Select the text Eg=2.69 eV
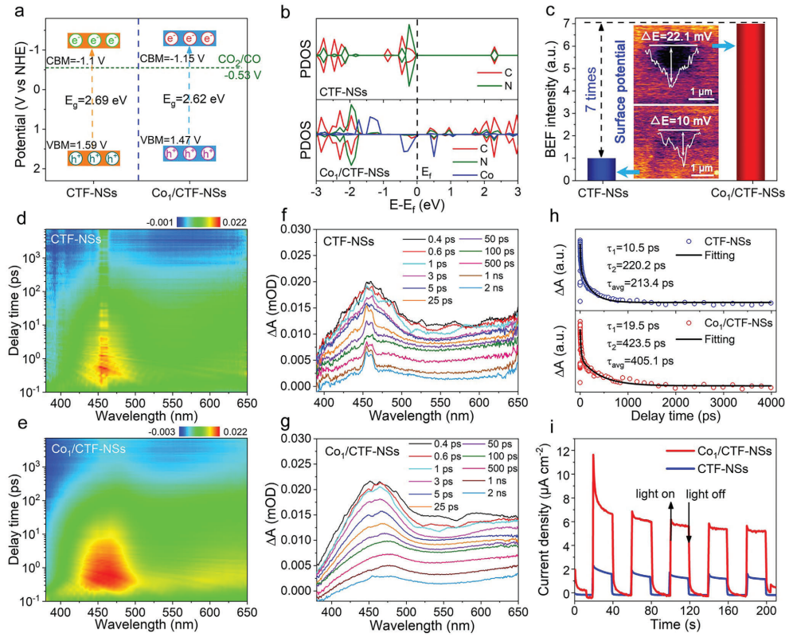96,102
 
